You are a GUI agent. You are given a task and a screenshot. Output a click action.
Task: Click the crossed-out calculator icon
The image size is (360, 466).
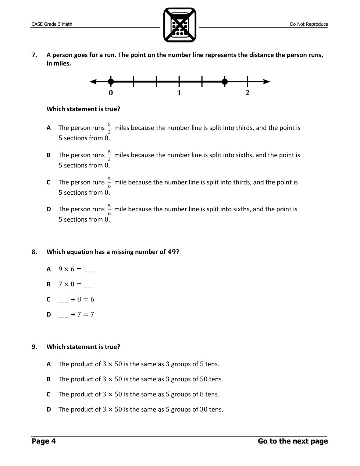[179, 25]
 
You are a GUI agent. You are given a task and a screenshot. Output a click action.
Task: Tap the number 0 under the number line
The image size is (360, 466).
[111, 93]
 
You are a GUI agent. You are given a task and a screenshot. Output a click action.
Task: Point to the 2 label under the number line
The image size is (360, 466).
[247, 93]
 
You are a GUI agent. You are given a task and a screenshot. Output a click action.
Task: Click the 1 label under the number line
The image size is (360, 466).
[179, 93]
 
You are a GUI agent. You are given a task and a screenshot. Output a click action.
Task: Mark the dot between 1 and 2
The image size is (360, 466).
[225, 81]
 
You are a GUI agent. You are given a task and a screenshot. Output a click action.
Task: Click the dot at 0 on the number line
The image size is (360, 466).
[111, 81]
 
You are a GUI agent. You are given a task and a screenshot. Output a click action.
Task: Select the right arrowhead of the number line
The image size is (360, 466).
[267, 81]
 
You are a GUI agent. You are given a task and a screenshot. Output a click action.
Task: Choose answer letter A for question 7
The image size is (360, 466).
[49, 128]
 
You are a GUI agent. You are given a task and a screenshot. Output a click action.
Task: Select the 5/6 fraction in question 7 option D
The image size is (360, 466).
[109, 209]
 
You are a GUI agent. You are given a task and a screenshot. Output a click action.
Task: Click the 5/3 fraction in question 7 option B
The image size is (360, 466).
[109, 155]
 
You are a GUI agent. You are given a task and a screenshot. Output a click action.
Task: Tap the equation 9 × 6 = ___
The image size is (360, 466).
[76, 269]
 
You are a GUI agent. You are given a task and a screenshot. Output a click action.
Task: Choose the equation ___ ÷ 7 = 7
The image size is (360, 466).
[76, 314]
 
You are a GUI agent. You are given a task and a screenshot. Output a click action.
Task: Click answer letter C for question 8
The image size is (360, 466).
[49, 299]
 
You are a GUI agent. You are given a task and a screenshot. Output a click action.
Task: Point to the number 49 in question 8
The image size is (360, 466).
[172, 252]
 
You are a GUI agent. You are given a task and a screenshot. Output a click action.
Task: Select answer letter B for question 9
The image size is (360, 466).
[49, 379]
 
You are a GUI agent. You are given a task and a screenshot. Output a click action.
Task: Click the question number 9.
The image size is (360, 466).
[34, 347]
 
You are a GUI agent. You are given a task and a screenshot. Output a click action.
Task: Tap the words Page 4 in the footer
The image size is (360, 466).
[44, 441]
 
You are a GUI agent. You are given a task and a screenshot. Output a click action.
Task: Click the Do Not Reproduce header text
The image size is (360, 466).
[309, 24]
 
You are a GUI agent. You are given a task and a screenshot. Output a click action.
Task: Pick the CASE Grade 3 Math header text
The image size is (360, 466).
[52, 24]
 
